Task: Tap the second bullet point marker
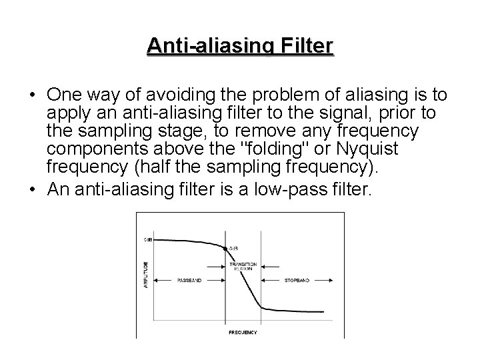[33, 190]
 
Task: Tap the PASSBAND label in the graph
[189, 281]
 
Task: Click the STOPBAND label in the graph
[296, 281]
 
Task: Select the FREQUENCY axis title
[243, 331]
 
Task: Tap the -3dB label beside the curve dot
[234, 249]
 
